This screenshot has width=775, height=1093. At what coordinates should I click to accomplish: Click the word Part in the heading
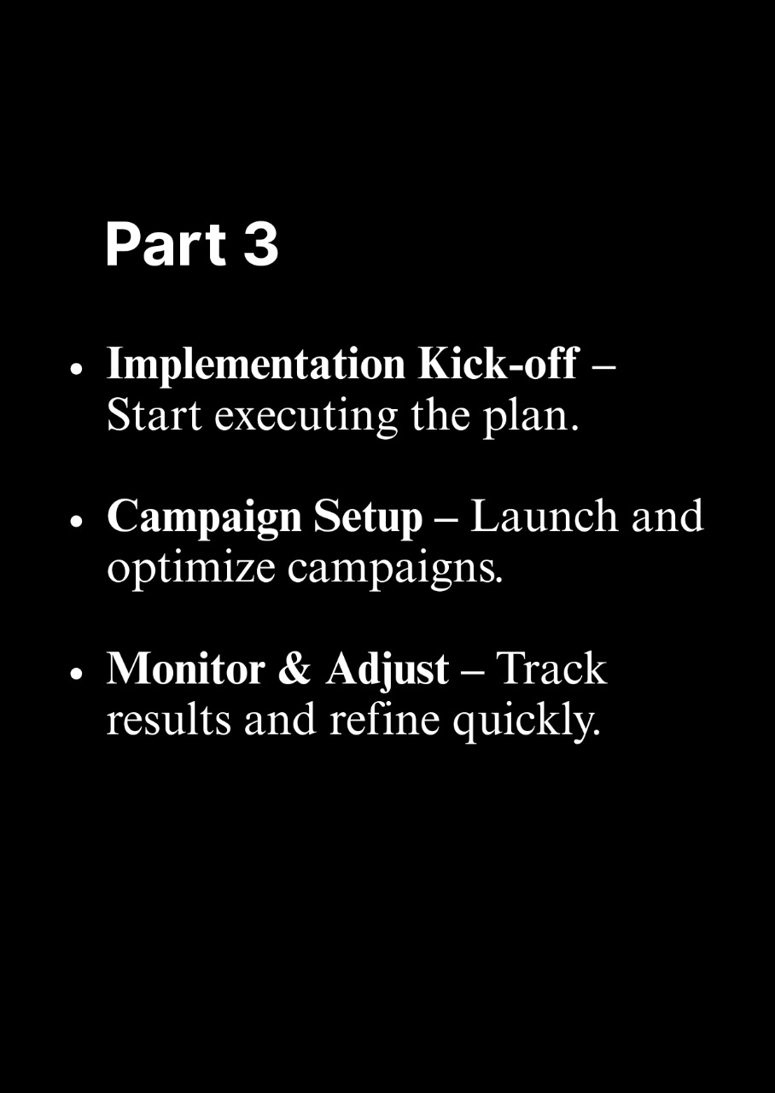pos(166,243)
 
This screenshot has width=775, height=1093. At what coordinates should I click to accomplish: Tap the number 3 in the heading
pos(261,243)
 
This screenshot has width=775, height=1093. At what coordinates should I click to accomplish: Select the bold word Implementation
pos(256,365)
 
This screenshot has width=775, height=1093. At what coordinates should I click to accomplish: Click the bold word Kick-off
pos(499,363)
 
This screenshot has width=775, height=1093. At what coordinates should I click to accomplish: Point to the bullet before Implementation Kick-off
pos(76,370)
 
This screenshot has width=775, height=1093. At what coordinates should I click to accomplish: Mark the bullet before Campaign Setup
pos(76,522)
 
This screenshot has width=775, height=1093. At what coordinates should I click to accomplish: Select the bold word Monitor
pos(186,669)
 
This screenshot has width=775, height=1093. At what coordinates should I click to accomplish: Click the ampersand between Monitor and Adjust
pos(294,669)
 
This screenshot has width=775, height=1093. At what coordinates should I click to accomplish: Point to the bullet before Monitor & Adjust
pos(76,674)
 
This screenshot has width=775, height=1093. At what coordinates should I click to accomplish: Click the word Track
pos(551,669)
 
